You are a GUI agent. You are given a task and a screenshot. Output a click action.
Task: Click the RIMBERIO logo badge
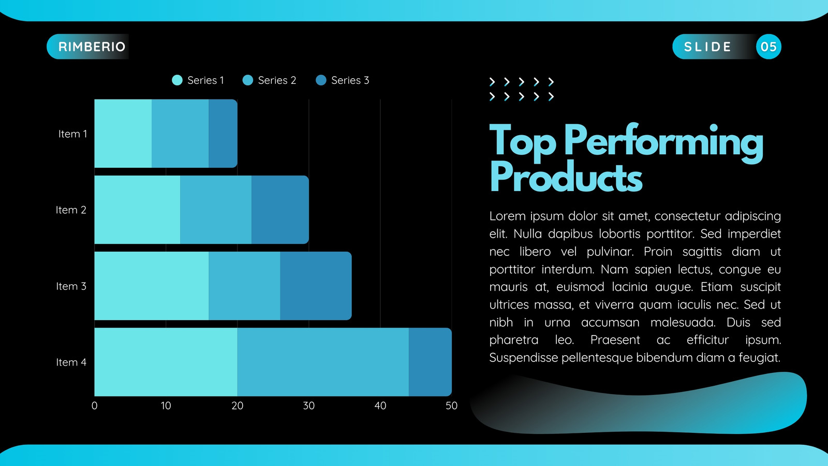click(x=88, y=47)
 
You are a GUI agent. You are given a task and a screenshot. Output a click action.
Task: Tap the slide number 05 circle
click(x=768, y=47)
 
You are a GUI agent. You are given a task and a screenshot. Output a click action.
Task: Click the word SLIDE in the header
click(x=707, y=47)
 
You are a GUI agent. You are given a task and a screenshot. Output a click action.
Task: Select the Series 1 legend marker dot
click(x=177, y=80)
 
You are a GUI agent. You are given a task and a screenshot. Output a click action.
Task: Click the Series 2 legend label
click(x=277, y=80)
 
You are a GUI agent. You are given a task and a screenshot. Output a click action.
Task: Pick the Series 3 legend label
click(x=350, y=80)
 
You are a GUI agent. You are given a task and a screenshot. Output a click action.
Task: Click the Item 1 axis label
click(x=72, y=134)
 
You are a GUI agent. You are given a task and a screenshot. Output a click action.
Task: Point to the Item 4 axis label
click(x=71, y=362)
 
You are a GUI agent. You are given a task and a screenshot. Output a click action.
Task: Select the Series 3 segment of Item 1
click(x=223, y=134)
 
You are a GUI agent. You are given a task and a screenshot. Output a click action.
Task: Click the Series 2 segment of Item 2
click(x=216, y=210)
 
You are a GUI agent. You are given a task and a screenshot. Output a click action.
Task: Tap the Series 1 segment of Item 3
click(x=152, y=286)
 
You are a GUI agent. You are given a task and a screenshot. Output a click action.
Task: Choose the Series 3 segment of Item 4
click(x=430, y=362)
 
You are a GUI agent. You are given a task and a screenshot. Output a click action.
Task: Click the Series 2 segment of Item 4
click(x=323, y=362)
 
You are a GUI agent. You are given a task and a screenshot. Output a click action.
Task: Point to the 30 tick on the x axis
click(x=308, y=406)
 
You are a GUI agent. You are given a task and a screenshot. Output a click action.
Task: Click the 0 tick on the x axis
click(x=95, y=406)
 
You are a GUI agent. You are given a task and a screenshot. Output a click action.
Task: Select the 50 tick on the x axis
click(x=451, y=406)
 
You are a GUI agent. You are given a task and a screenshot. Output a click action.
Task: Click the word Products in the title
click(x=566, y=178)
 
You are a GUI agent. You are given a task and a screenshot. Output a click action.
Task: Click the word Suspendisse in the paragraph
click(x=523, y=358)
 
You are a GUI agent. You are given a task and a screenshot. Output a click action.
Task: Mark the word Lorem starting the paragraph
click(x=508, y=216)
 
